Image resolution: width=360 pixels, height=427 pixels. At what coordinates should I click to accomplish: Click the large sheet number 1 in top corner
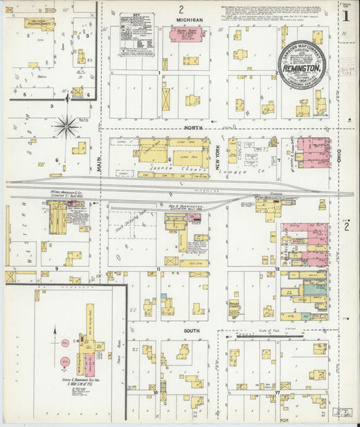[x=346, y=14]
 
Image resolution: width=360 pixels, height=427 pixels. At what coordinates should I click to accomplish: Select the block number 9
[x=57, y=268]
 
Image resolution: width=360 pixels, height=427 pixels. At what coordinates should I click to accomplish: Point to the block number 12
[x=277, y=269]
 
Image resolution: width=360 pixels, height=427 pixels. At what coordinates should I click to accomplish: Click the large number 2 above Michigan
[x=181, y=9]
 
